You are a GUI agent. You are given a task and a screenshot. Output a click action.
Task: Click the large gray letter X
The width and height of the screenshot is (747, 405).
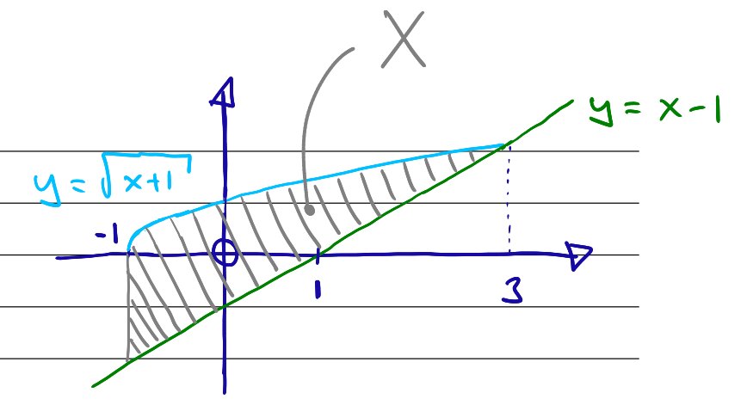click(403, 39)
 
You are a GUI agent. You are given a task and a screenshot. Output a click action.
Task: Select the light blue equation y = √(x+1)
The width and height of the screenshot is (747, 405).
click(113, 179)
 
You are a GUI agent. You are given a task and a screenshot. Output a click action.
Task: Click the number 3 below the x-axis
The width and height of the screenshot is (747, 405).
click(513, 291)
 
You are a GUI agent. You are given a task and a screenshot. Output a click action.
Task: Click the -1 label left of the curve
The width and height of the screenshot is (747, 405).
click(108, 235)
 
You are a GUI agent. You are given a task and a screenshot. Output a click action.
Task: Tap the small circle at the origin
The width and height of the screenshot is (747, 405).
click(225, 252)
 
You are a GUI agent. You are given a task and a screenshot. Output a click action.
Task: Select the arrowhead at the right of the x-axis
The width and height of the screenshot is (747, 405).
click(578, 255)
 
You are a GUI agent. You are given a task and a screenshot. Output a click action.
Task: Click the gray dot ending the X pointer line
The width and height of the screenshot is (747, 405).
click(310, 210)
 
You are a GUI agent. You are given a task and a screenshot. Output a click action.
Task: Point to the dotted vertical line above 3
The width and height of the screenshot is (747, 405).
click(509, 199)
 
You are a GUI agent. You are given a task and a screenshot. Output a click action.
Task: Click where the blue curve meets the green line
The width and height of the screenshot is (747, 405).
click(502, 146)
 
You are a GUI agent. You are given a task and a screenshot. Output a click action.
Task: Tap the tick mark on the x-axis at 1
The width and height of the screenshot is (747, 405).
click(318, 256)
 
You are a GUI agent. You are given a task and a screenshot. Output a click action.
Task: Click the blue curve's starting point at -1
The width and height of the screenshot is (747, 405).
click(128, 249)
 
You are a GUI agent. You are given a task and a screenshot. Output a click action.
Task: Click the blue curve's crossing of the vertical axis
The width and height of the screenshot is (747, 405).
click(225, 201)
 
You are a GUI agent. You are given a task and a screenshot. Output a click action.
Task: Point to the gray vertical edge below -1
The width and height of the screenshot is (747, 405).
click(128, 304)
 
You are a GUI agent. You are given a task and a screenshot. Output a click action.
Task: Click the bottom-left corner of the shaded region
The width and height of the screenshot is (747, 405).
click(128, 360)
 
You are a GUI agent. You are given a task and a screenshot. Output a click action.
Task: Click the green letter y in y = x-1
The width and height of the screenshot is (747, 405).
click(602, 111)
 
